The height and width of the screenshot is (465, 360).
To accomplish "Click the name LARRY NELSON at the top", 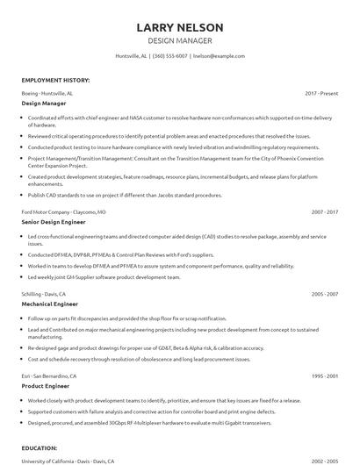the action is pyautogui.click(x=180, y=26).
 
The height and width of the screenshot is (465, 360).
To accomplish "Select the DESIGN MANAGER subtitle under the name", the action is pyautogui.click(x=180, y=40).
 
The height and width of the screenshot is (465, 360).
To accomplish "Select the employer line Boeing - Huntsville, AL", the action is pyautogui.click(x=47, y=92).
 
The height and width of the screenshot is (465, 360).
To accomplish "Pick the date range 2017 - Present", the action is pyautogui.click(x=321, y=92).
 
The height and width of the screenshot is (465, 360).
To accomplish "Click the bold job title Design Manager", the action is pyautogui.click(x=44, y=103).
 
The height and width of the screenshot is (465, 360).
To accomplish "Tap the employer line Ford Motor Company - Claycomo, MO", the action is pyautogui.click(x=64, y=212).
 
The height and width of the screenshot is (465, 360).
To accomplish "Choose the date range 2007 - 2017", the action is pyautogui.click(x=324, y=212).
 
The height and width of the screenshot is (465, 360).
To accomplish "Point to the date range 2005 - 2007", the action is pyautogui.click(x=324, y=295).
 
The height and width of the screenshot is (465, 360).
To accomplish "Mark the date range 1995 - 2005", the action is pyautogui.click(x=324, y=376).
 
